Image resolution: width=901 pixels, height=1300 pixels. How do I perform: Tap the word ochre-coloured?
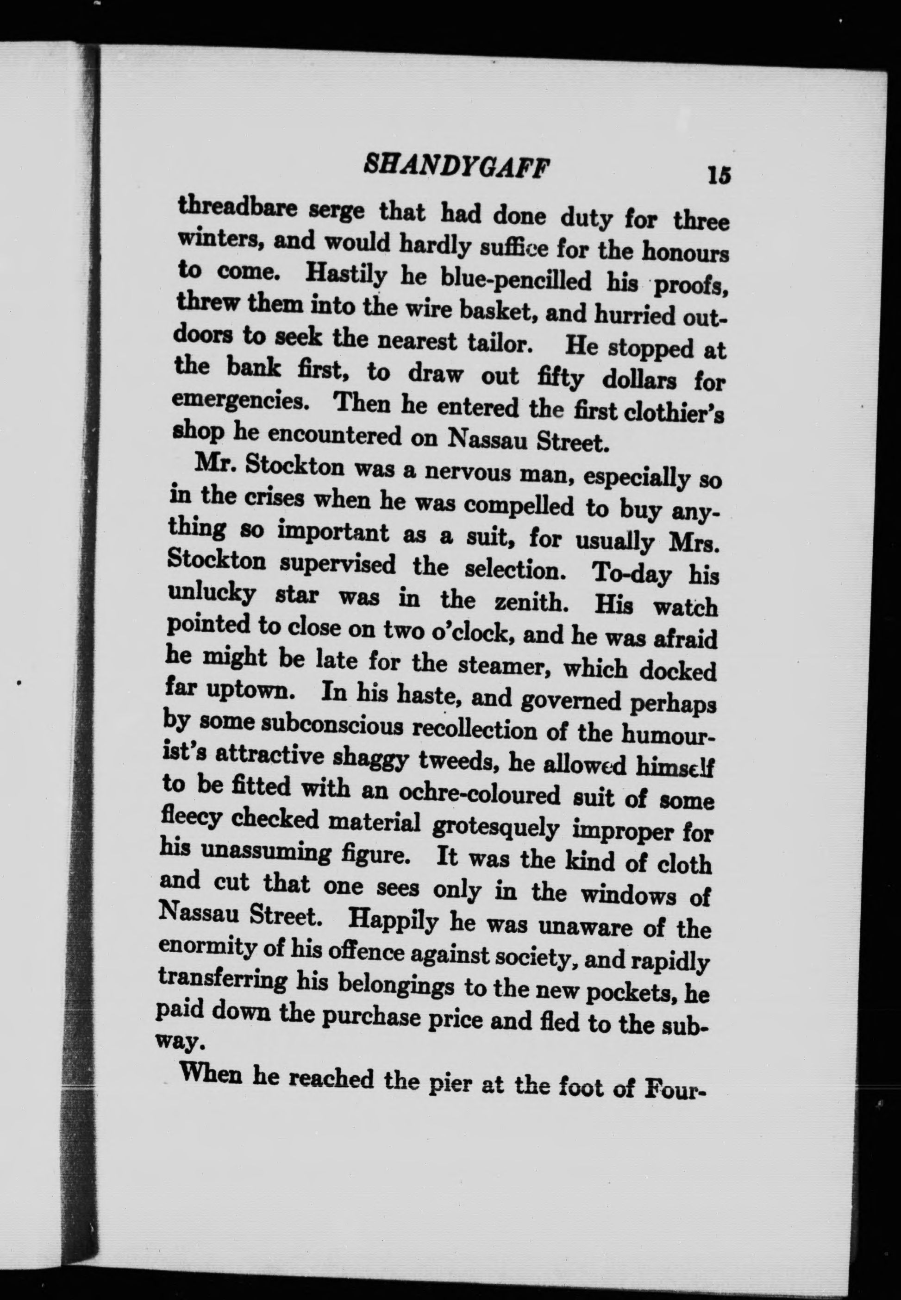point(479,793)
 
